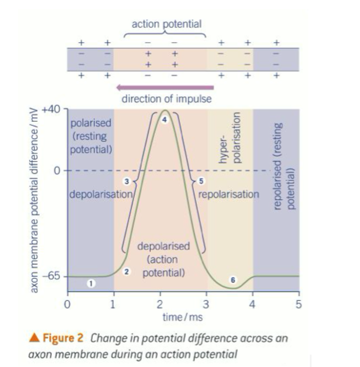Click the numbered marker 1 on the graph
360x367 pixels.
pos(91,283)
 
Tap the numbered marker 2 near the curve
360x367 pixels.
pos(127,272)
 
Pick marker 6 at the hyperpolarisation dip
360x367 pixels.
pos(233,280)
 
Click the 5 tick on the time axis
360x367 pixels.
pos(299,305)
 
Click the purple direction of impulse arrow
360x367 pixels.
pos(164,87)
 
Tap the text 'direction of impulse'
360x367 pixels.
pos(166,99)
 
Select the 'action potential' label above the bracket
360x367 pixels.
pos(166,24)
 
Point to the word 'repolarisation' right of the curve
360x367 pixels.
pos(229,194)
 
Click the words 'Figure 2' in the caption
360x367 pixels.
pos(67,339)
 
